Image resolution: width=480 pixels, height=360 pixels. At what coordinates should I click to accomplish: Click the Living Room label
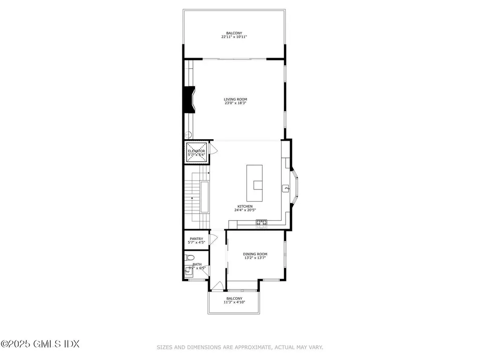coord(235,99)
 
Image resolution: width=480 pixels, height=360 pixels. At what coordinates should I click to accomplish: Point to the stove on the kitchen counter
coord(261,222)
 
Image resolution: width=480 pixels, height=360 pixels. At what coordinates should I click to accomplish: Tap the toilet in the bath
coord(189,257)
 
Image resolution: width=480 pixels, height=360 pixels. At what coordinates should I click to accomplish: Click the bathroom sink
coord(188,271)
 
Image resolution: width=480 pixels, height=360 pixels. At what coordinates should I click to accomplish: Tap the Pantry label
coord(196,239)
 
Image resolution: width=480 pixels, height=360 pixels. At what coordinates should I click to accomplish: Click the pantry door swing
coord(213,238)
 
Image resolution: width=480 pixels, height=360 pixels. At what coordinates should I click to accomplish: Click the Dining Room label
coord(255,254)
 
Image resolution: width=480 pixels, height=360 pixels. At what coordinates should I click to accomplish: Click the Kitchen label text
coord(245,206)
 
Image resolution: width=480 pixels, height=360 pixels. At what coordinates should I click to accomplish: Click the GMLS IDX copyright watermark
coord(40,344)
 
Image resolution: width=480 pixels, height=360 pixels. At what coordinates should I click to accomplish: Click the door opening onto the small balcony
coord(217,285)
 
